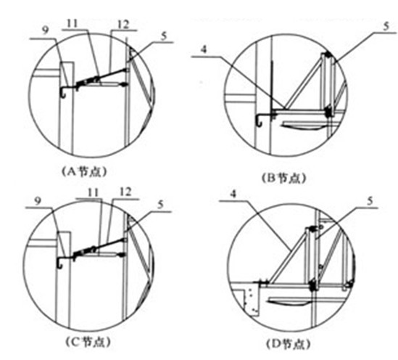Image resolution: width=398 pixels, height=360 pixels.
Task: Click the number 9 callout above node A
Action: tap(45, 31)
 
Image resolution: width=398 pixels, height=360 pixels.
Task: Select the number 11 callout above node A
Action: tap(72, 24)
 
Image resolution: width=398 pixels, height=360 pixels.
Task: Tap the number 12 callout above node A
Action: tap(123, 25)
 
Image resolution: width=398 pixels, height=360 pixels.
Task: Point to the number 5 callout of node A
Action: tap(165, 36)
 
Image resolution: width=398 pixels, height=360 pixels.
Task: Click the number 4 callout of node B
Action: tap(204, 49)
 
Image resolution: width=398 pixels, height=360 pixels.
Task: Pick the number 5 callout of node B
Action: tap(386, 26)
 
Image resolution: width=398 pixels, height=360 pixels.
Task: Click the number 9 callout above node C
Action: tap(38, 201)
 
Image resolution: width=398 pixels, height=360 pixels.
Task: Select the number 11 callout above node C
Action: tap(93, 193)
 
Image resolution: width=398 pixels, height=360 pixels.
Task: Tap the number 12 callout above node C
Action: tap(125, 192)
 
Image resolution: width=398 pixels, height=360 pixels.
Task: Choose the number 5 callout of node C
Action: tap(160, 205)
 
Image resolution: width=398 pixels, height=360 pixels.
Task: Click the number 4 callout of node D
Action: tap(233, 194)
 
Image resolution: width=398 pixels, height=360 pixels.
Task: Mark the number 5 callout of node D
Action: tap(370, 202)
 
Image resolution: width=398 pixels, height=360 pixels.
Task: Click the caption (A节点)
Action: tap(84, 172)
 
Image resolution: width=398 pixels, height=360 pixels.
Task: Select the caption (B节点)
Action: tap(283, 178)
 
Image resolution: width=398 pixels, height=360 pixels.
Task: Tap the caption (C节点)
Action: tap(88, 342)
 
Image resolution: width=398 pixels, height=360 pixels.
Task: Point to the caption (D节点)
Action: tap(289, 344)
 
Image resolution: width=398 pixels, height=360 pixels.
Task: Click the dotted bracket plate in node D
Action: tap(252, 302)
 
